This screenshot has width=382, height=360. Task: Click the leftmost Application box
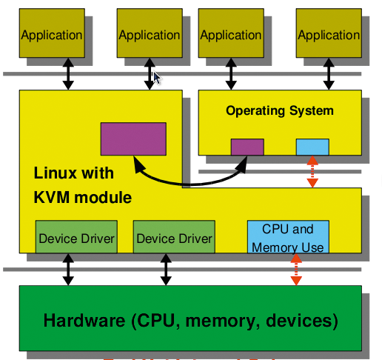[52, 34]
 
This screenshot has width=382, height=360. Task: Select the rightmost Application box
[329, 34]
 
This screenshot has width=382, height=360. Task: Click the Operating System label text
[279, 111]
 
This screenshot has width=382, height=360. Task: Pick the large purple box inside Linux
[133, 139]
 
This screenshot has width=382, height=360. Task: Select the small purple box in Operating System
[247, 147]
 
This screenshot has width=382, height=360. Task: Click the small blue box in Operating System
[312, 147]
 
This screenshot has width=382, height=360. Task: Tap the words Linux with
[74, 173]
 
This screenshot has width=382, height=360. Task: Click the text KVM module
[82, 198]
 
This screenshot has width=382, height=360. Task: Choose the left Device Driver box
[76, 238]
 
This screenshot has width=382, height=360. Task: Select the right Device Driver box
[174, 238]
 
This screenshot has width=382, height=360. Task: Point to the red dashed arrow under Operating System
[312, 172]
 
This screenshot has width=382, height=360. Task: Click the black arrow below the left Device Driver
[69, 270]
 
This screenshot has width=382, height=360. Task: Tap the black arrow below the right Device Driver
[166, 270]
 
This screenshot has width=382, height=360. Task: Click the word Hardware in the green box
[84, 321]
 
